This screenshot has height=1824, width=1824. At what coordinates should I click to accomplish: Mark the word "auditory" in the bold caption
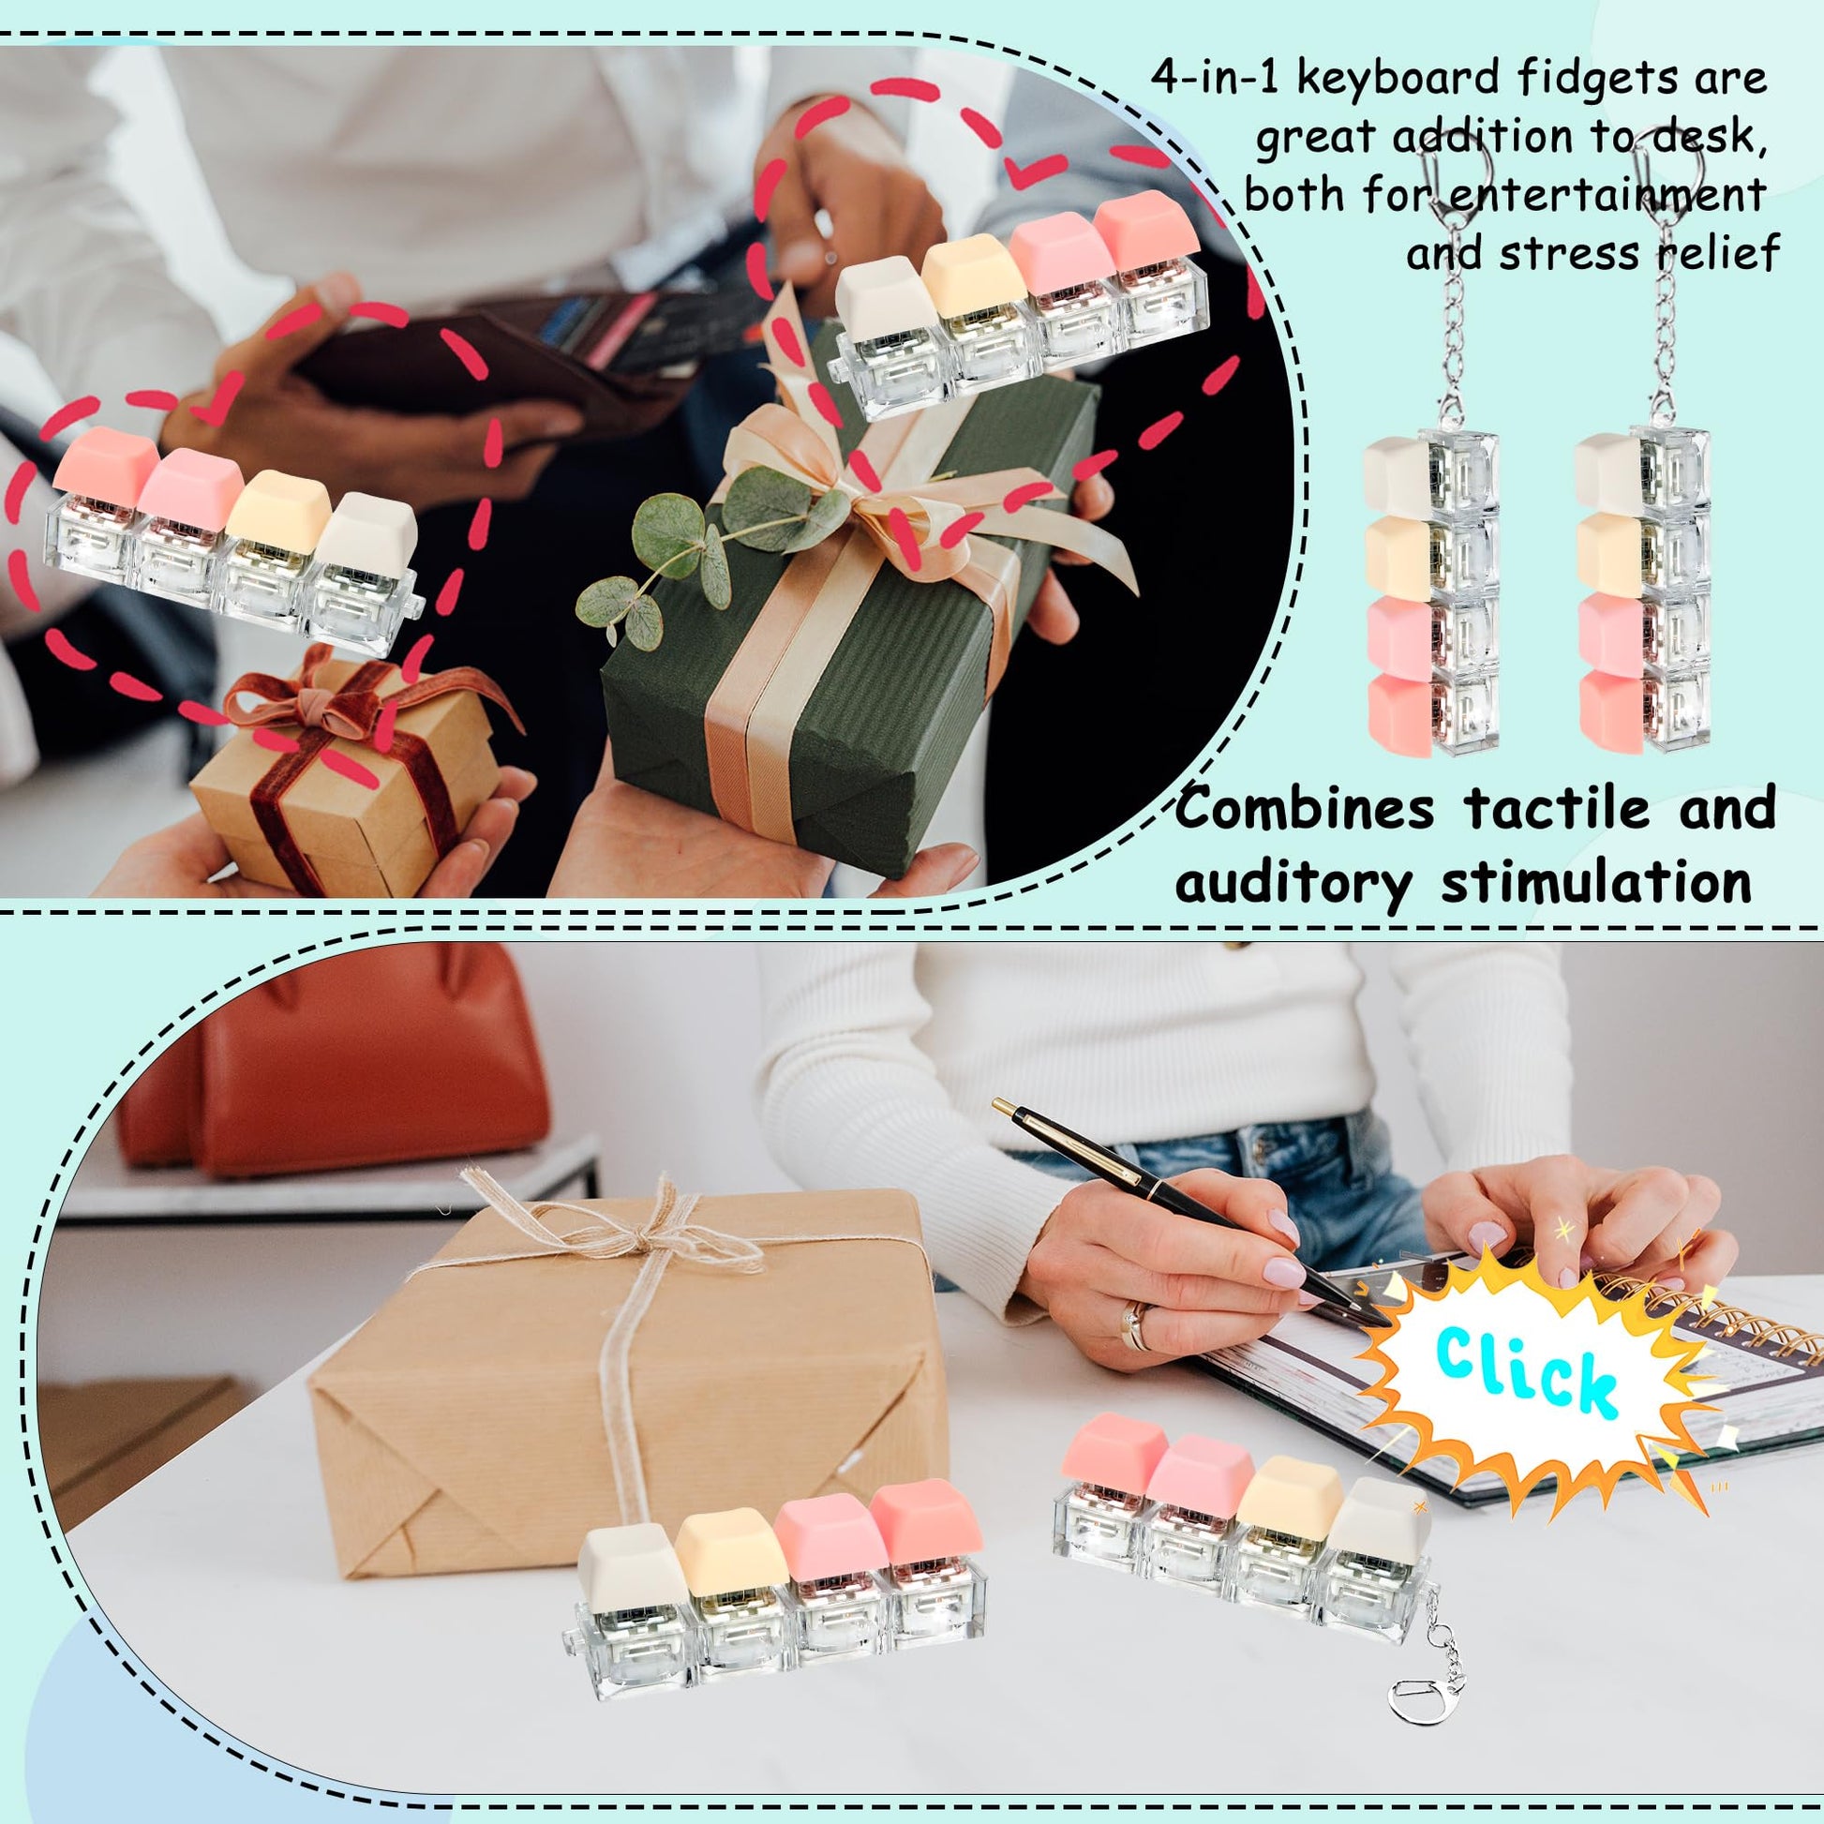pyautogui.click(x=1293, y=884)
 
